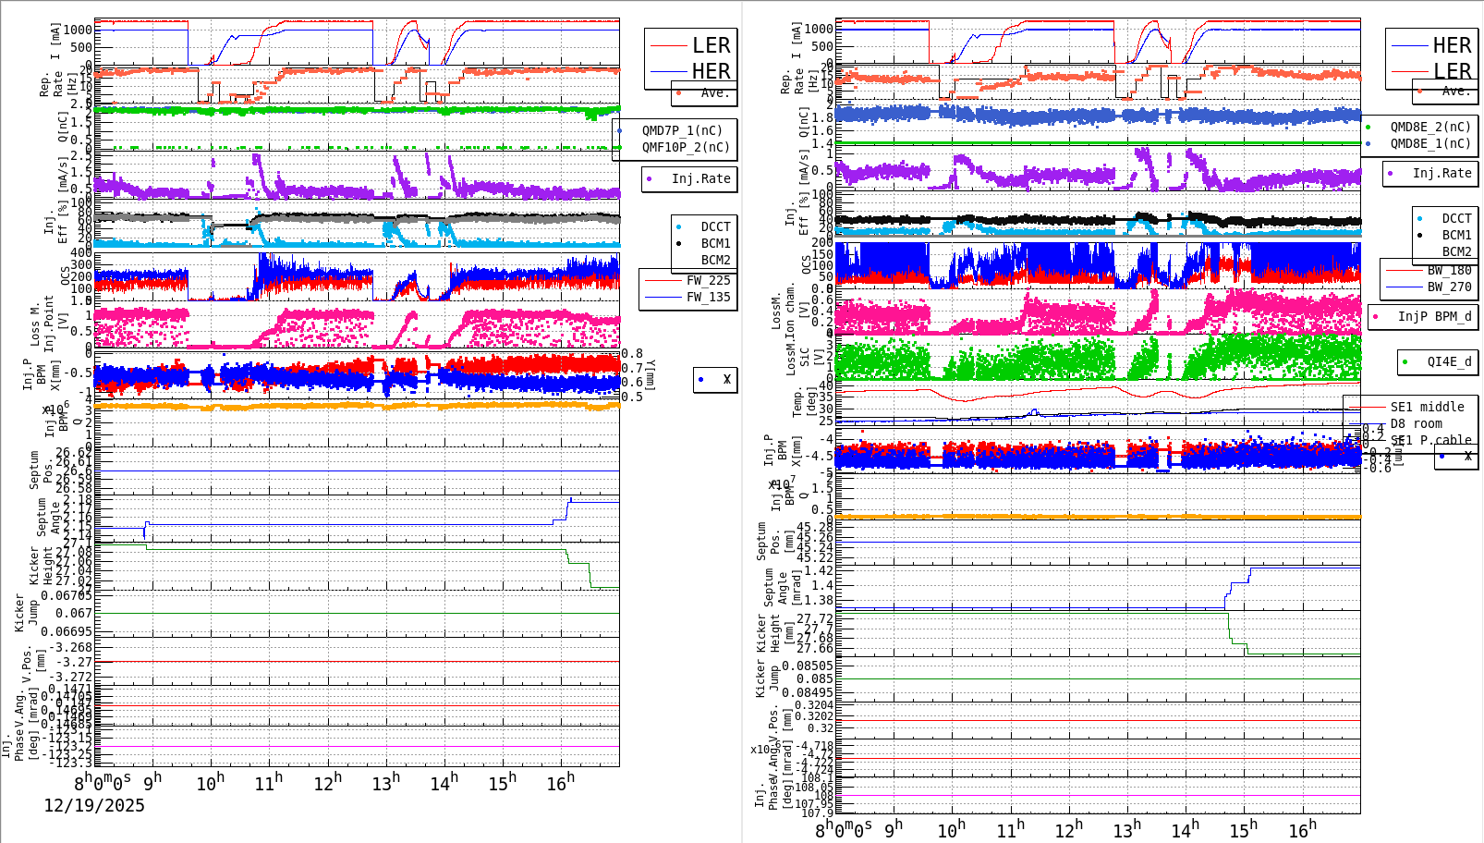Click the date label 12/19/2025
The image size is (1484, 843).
(94, 805)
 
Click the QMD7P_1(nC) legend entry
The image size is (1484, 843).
(682, 130)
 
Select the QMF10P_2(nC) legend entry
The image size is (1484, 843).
(685, 147)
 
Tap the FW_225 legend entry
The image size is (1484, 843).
(708, 280)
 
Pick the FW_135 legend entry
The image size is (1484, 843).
(708, 297)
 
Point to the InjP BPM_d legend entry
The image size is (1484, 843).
(1433, 316)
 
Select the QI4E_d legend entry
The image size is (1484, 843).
(1448, 361)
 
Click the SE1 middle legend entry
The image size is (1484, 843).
(1427, 407)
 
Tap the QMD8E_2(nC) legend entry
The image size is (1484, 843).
(1429, 127)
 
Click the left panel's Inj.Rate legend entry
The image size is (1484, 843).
(699, 178)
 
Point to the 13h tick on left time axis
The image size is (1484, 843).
(385, 782)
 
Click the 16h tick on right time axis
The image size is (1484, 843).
(1302, 828)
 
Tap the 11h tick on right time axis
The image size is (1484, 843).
(1010, 828)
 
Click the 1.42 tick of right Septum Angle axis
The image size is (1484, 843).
(818, 570)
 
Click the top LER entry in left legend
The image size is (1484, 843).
(711, 45)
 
